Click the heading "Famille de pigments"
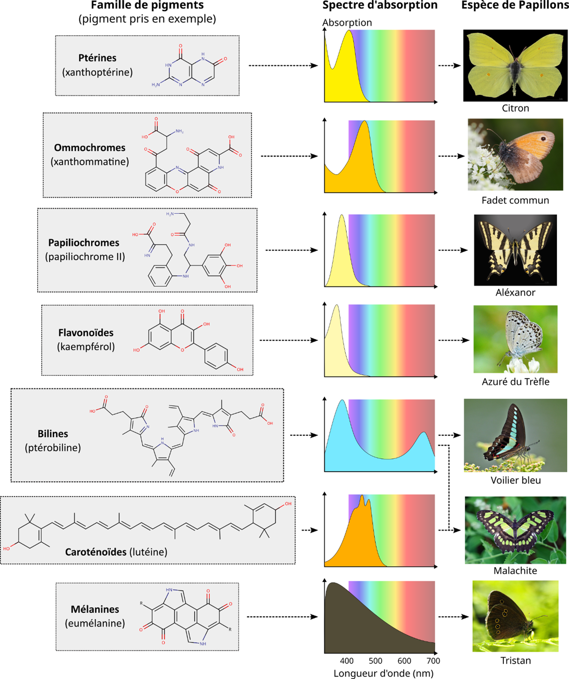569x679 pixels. [x=147, y=5]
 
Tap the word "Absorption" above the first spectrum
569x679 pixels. [x=347, y=22]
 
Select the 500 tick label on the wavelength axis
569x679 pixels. [x=375, y=661]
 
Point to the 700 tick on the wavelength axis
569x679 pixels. [x=433, y=661]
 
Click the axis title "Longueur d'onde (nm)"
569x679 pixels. [x=383, y=673]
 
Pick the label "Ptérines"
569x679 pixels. [x=97, y=58]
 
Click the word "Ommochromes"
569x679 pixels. [x=89, y=148]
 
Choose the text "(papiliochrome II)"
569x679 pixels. [x=85, y=257]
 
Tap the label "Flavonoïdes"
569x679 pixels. [x=86, y=333]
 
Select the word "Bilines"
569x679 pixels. [x=53, y=434]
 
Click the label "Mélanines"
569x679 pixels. [x=95, y=609]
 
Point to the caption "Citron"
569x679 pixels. [x=515, y=108]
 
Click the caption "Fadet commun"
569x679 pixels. [x=515, y=201]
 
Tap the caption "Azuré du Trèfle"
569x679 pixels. [x=515, y=382]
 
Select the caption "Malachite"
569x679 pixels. [x=515, y=571]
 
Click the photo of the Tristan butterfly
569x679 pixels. [x=515, y=616]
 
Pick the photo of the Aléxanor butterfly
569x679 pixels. [x=515, y=250]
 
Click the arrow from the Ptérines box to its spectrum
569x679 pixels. [x=283, y=66]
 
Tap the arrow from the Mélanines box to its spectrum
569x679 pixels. [x=282, y=617]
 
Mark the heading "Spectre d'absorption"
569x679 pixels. [x=380, y=5]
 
